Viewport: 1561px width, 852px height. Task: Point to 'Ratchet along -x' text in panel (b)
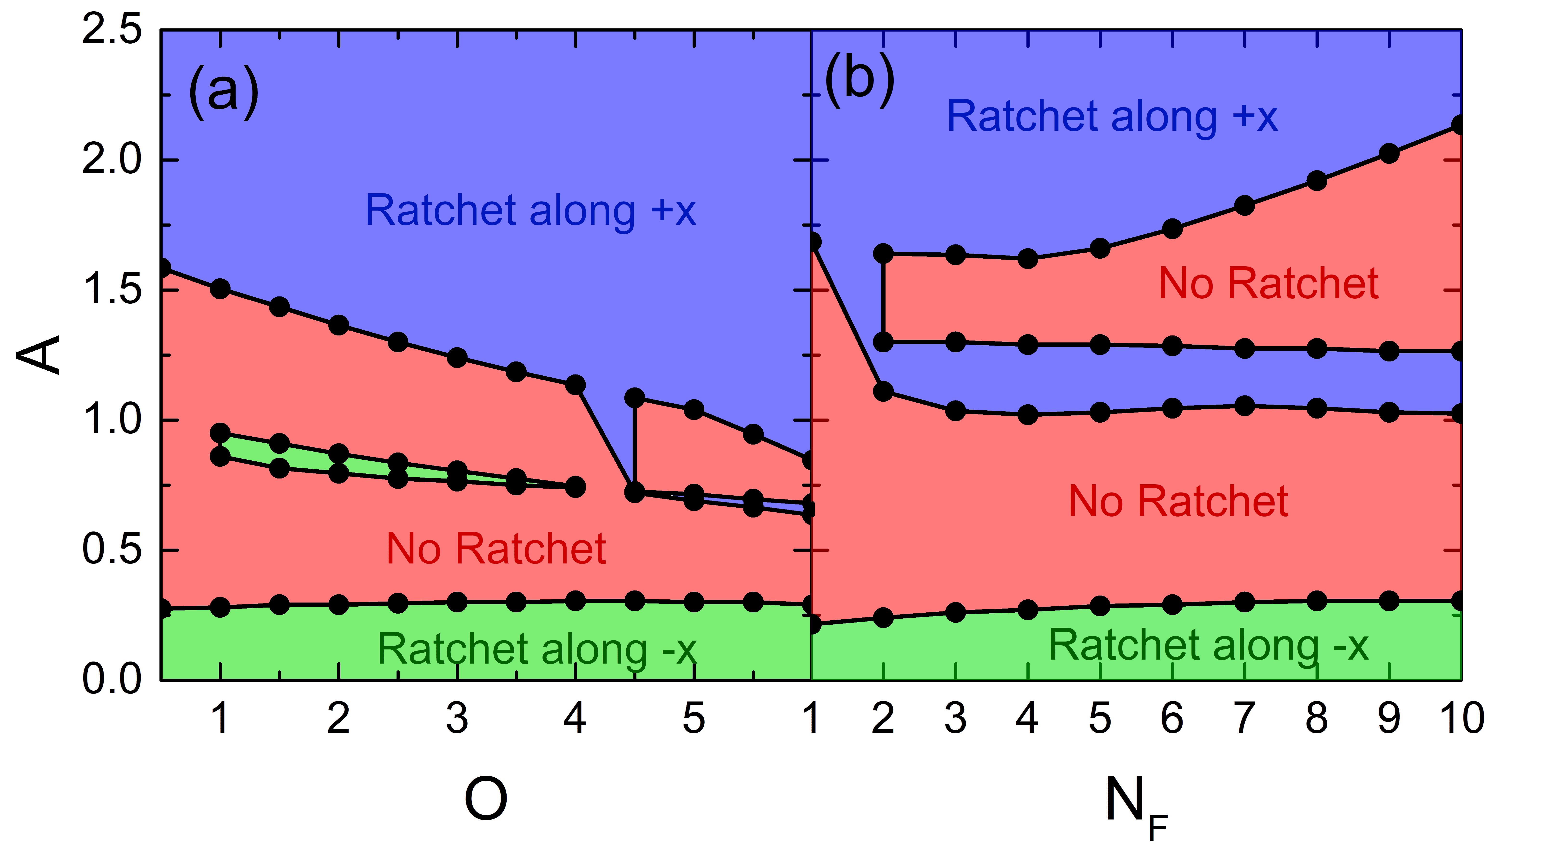1208,645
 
